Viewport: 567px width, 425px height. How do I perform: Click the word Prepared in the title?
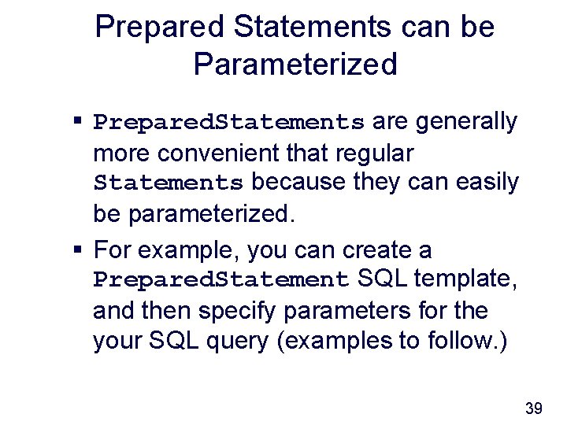[x=158, y=28]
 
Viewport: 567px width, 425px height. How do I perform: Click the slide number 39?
[x=533, y=408]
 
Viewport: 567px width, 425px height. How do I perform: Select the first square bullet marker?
[x=78, y=123]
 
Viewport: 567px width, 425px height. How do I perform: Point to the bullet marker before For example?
[x=78, y=251]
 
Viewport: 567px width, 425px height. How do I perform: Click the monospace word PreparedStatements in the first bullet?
[x=228, y=124]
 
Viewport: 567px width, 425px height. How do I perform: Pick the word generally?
[x=466, y=122]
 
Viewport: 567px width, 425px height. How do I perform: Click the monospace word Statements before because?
[x=168, y=183]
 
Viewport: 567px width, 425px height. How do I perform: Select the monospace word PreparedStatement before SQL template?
[x=221, y=280]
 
